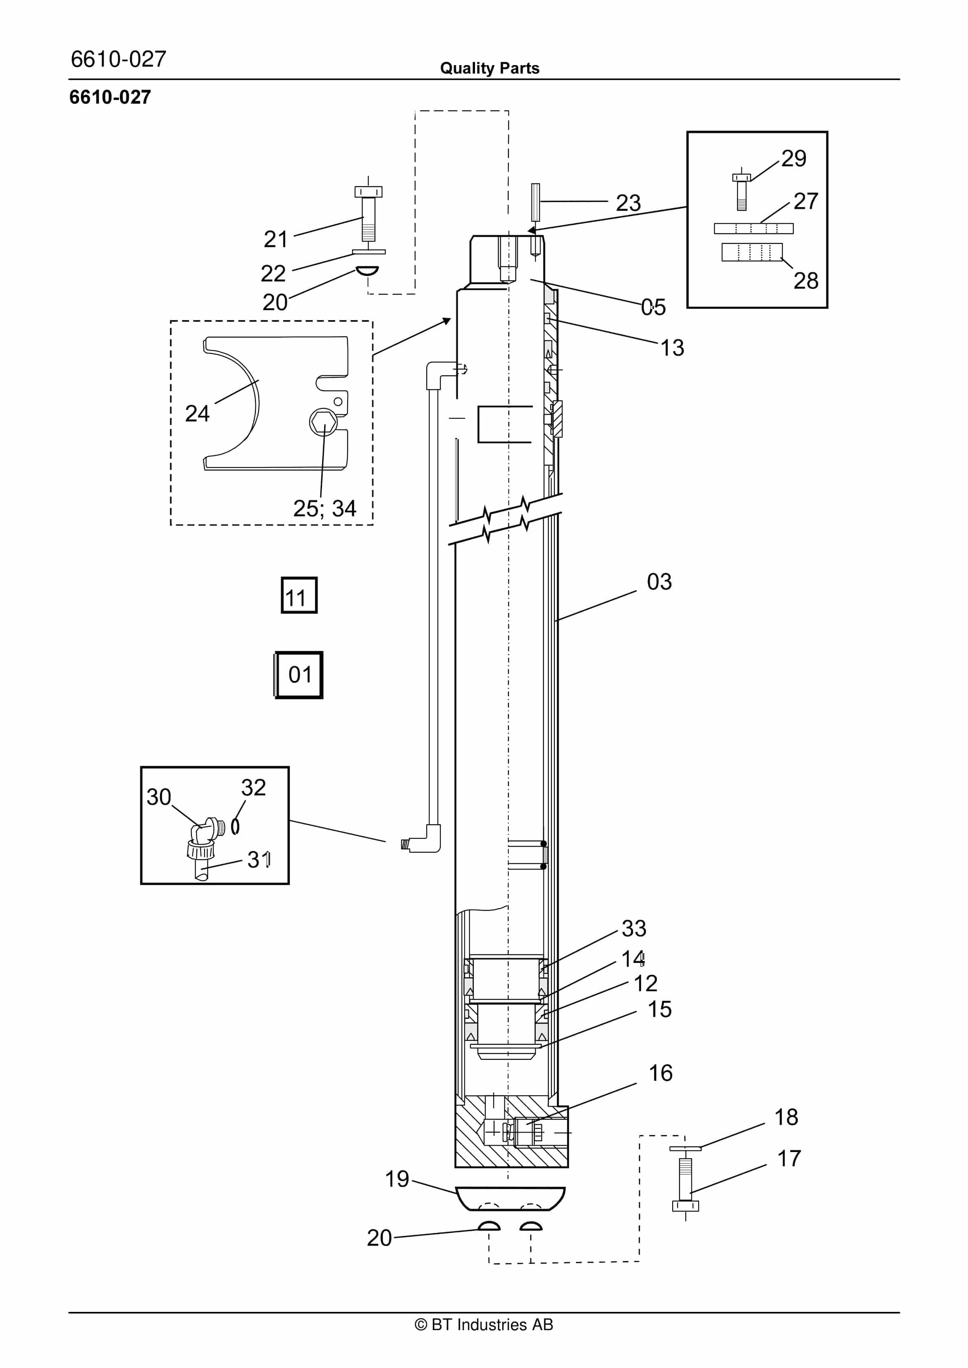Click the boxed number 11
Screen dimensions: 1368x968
click(299, 595)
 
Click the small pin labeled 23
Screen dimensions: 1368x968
click(535, 202)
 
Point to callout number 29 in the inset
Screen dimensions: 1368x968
click(794, 159)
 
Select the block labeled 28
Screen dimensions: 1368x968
click(752, 252)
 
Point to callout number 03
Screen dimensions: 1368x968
click(659, 582)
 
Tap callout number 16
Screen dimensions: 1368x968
click(661, 1073)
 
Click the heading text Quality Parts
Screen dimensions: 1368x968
click(489, 68)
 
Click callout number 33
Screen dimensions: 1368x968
click(634, 928)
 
